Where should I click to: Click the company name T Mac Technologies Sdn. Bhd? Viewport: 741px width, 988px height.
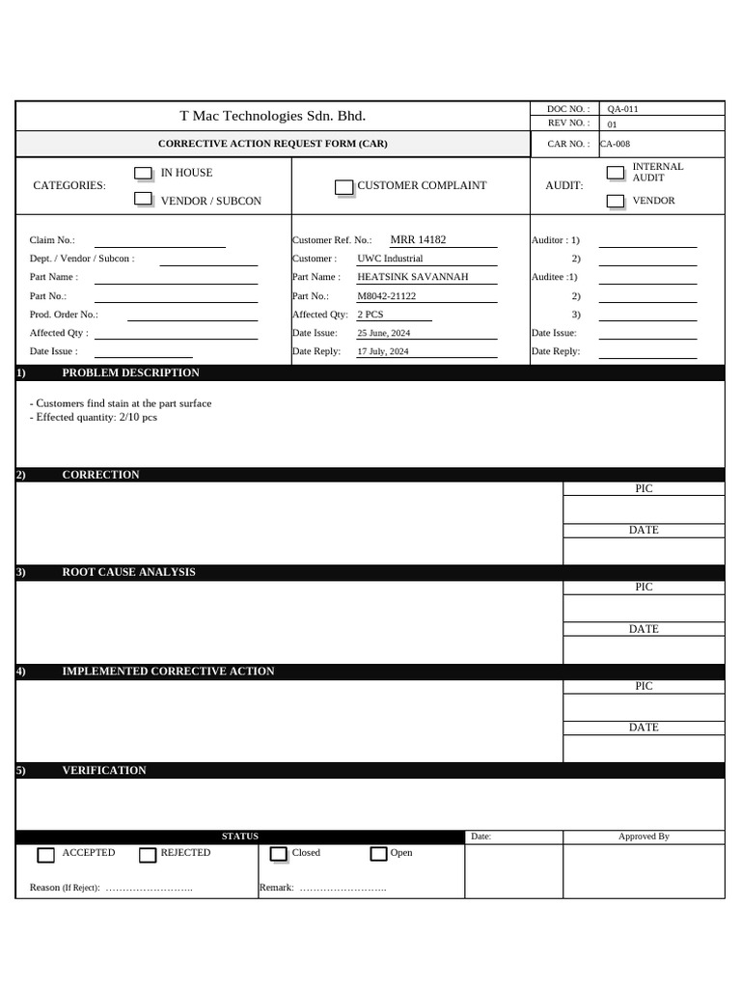coord(273,116)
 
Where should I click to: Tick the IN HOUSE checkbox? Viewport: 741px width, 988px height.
coord(143,174)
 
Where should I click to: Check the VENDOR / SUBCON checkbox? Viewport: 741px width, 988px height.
coord(143,199)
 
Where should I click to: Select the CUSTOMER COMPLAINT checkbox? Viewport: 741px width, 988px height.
coord(343,187)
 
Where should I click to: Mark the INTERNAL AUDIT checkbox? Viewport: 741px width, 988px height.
coord(615,174)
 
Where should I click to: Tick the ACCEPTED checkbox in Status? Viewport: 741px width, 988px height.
coord(45,855)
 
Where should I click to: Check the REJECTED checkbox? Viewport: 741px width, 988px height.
coord(148,855)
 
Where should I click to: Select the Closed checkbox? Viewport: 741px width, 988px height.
coord(278,854)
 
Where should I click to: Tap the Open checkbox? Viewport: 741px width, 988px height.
coord(378,854)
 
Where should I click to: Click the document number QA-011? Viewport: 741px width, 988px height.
coord(622,109)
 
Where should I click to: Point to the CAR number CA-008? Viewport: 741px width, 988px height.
coord(615,144)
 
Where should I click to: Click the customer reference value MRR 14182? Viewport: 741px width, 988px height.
coord(418,239)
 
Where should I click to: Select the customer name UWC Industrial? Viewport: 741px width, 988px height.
coord(390,259)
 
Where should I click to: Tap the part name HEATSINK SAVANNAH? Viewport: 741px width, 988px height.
coord(412,277)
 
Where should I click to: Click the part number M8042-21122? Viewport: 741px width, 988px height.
coord(386,296)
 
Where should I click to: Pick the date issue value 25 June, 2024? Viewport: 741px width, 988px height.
coord(383,333)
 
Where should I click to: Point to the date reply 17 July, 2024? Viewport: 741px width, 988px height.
coord(382,351)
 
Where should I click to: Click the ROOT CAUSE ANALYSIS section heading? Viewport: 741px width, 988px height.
coord(128,572)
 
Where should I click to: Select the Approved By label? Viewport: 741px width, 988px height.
coord(644,837)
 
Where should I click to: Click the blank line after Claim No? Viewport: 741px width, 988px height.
coord(159,241)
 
